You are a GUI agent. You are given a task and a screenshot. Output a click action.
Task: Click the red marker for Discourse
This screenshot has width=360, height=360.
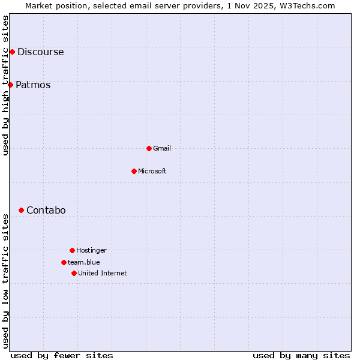12,52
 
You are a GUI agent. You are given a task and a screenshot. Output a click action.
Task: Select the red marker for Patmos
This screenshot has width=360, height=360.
10,85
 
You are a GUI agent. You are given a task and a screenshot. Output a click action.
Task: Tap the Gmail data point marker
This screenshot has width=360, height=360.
149,148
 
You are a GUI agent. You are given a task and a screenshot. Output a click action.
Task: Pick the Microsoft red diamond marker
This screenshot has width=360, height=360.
134,171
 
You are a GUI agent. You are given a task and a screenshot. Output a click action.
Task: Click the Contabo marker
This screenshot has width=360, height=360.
21,210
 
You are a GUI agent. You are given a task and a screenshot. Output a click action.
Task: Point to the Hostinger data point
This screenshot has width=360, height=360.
72,250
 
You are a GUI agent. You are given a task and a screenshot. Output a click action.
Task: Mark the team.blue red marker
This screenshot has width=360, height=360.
64,262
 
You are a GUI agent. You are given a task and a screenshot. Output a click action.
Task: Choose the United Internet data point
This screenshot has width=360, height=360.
74,273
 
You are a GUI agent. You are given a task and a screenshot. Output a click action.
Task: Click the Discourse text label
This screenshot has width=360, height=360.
40,52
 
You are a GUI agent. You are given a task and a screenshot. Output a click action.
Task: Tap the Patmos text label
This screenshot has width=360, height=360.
33,85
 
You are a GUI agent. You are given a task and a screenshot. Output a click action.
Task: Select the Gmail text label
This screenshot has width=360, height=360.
162,148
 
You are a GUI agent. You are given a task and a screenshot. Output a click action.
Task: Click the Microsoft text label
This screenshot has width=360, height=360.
152,171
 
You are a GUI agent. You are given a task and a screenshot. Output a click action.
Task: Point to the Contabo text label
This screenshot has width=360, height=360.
46,210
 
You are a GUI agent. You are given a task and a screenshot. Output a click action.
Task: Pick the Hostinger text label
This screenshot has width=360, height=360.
91,250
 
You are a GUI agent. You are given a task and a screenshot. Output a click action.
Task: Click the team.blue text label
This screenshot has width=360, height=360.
84,262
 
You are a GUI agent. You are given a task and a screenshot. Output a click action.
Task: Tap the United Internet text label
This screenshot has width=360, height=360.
103,273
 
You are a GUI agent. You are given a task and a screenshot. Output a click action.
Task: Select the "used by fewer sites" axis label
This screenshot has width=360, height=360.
62,355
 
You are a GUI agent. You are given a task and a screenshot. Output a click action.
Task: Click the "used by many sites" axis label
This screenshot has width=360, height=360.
301,355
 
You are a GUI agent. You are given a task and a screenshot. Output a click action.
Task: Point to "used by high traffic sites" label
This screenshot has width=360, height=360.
5,85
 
